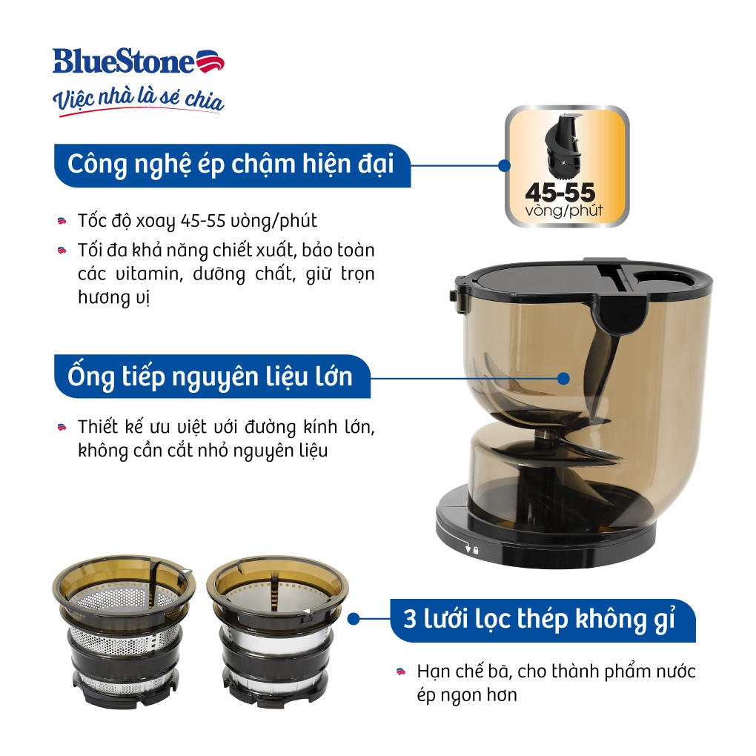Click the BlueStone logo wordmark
pyautogui.click(x=123, y=62)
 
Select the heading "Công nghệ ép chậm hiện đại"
pyautogui.click(x=231, y=164)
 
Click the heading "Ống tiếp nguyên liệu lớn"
pyautogui.click(x=210, y=376)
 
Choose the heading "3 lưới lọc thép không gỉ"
pyautogui.click(x=540, y=619)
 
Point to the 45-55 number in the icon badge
pyautogui.click(x=560, y=193)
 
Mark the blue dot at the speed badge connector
pyautogui.click(x=505, y=165)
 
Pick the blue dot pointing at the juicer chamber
pyautogui.click(x=563, y=377)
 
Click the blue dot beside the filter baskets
pyautogui.click(x=354, y=618)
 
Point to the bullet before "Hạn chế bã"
pyautogui.click(x=401, y=672)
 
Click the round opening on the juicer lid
pyautogui.click(x=661, y=277)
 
